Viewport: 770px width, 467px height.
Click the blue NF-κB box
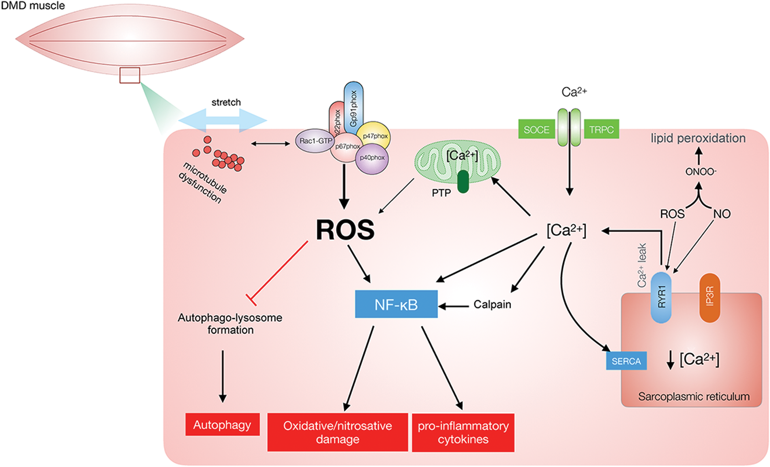tap(396, 304)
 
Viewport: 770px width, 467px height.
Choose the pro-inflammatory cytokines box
tap(463, 433)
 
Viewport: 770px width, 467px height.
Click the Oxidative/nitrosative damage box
tap(337, 432)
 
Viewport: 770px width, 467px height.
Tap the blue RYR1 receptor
tap(661, 297)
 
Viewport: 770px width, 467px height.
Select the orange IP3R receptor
tap(710, 297)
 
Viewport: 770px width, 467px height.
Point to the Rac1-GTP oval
tap(315, 141)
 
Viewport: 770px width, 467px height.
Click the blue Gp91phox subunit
tap(353, 108)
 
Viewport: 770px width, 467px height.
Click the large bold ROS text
tap(345, 230)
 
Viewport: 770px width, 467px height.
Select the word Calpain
tap(492, 304)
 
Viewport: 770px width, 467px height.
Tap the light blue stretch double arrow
tap(223, 121)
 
